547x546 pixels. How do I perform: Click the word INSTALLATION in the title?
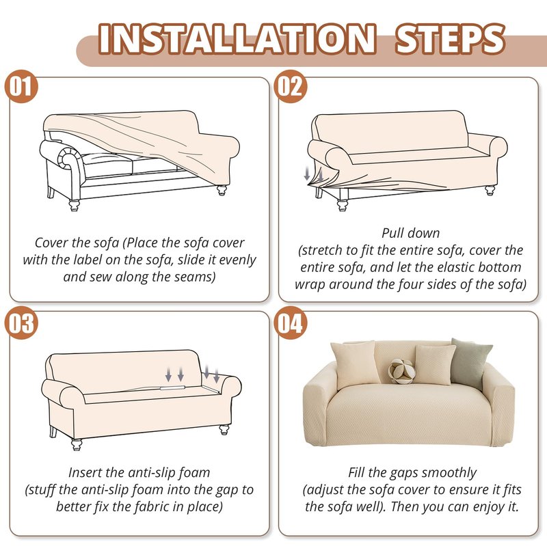pos(237,39)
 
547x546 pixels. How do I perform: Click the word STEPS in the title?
pos(450,39)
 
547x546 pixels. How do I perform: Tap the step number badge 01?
pos(21,87)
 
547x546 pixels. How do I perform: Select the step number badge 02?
pos(290,87)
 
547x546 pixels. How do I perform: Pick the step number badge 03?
pos(21,323)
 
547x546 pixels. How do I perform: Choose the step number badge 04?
pos(290,323)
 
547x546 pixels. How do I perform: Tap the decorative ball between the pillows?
pos(402,372)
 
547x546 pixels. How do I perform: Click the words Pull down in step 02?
pos(411,233)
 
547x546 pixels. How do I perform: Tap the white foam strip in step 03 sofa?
pos(172,387)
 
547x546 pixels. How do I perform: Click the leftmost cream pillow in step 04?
pos(353,364)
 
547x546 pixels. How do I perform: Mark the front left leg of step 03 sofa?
pos(77,445)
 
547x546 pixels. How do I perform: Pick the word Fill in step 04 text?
pos(356,472)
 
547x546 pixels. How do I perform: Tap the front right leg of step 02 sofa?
pos(490,191)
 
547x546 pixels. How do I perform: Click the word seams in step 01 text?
pos(196,277)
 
